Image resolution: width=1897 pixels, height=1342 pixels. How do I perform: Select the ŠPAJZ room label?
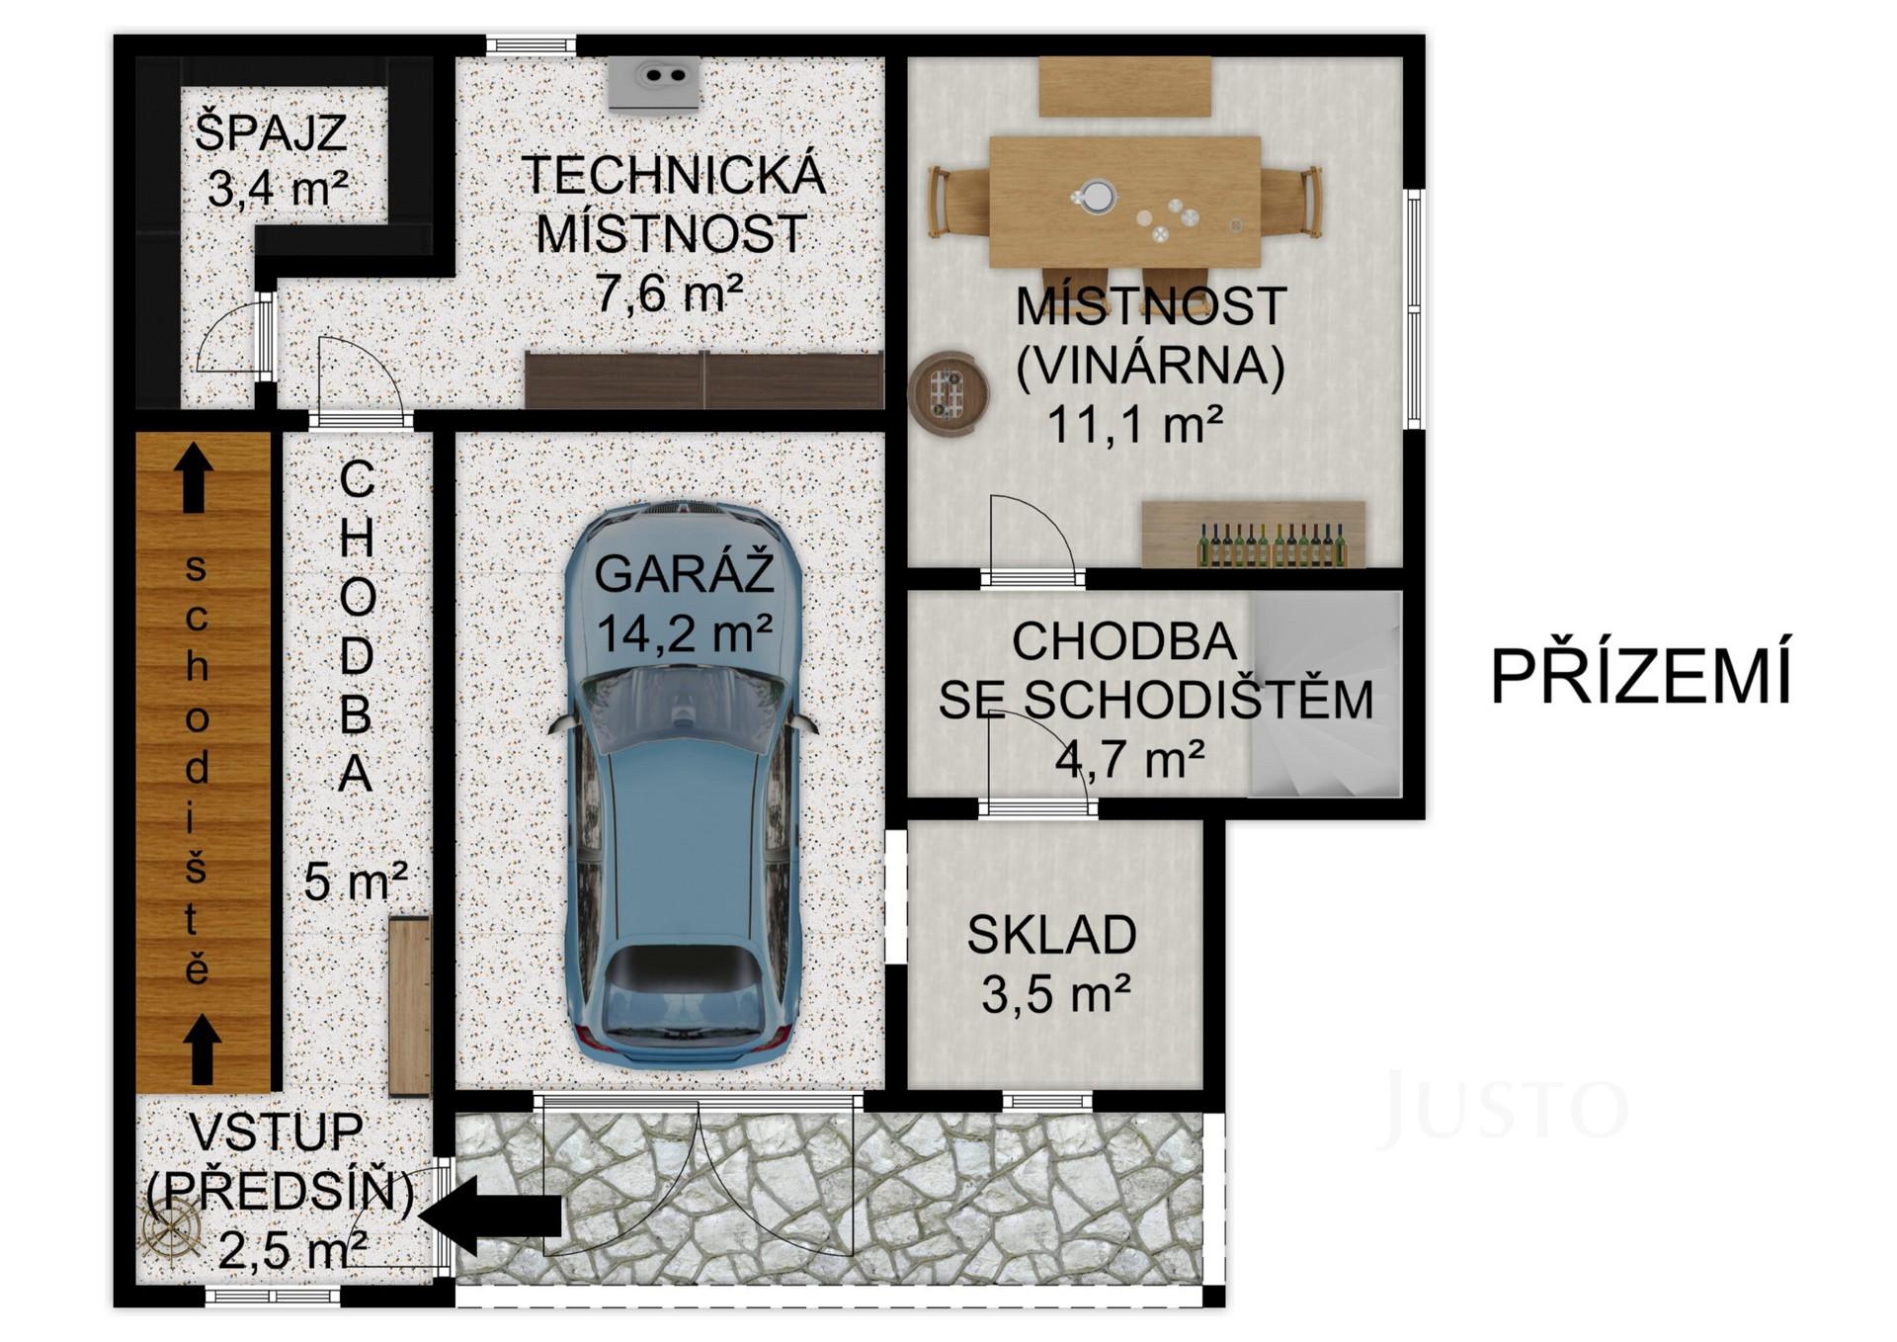point(271,133)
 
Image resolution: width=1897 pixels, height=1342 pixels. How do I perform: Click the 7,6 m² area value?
point(668,293)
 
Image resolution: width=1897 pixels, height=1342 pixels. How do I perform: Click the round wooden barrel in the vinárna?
point(948,393)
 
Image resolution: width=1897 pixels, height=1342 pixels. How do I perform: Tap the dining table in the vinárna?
point(1124,202)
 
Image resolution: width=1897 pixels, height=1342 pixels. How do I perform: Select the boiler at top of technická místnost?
point(654,82)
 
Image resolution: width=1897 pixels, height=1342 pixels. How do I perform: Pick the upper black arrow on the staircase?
point(194,476)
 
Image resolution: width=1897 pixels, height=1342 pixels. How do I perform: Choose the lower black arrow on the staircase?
point(203,1048)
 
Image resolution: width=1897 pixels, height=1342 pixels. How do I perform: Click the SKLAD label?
point(1051,935)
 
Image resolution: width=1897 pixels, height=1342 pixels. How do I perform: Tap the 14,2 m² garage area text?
point(684,633)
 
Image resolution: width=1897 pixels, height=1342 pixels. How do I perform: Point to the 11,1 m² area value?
point(1134,425)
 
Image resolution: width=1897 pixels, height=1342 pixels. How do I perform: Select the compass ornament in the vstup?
point(171,1232)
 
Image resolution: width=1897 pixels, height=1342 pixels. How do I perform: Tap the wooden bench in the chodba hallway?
point(409,1005)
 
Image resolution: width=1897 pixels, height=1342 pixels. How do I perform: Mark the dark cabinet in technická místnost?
point(703,379)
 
